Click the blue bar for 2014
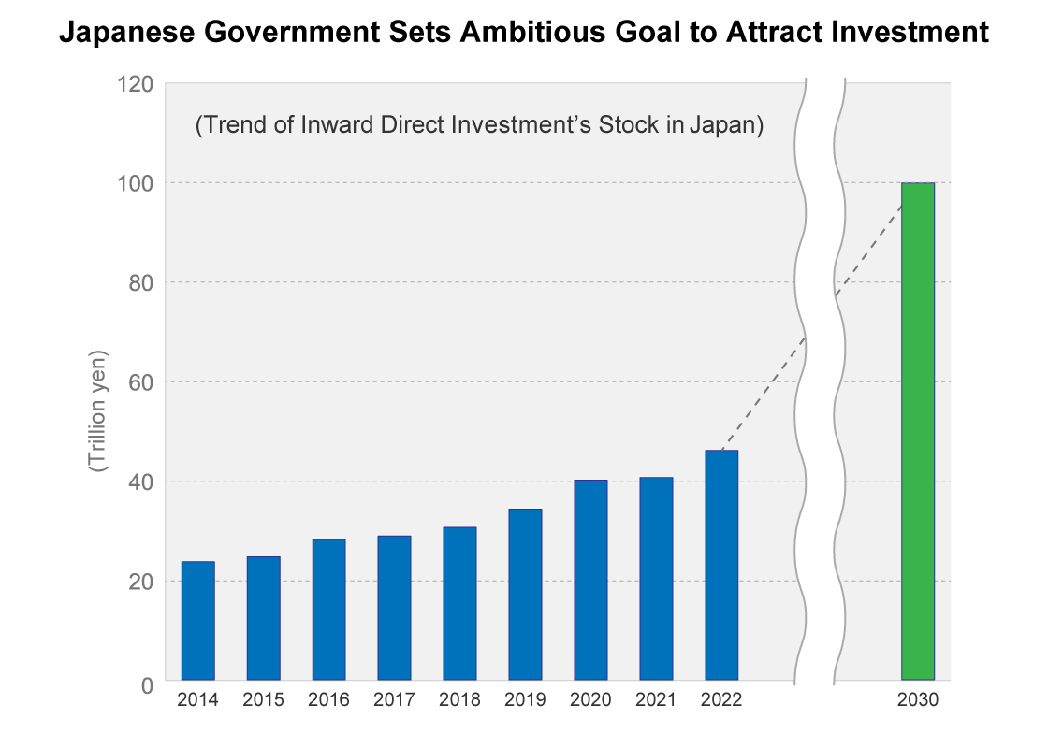pos(197,620)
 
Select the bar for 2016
pos(328,609)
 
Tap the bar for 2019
pos(525,594)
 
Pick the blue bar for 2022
pos(721,565)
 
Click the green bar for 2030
pos(917,430)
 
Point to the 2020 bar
pos(590,580)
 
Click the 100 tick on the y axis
pos(134,183)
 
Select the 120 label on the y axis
pos(134,84)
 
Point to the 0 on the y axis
pos(147,686)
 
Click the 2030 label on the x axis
pos(917,700)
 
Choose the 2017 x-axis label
pos(394,700)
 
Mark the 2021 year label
pos(656,700)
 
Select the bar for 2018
pos(459,603)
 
